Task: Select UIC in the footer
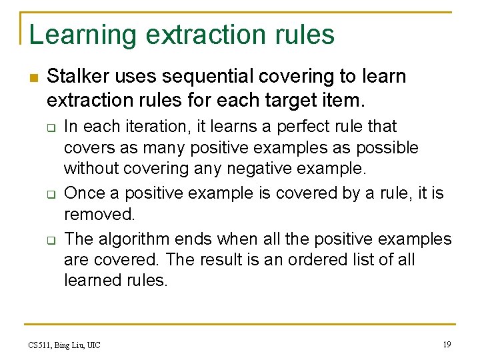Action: pyautogui.click(x=93, y=345)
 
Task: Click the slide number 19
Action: pyautogui.click(x=446, y=344)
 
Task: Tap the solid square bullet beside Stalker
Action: pyautogui.click(x=33, y=77)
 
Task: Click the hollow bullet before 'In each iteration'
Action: pyautogui.click(x=50, y=127)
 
